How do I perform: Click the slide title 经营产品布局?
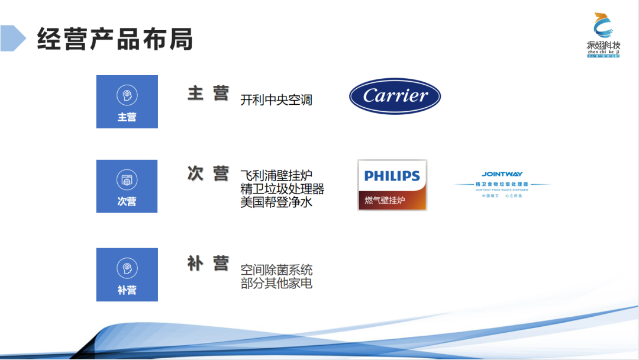[115, 39]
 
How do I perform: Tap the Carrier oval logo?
[395, 96]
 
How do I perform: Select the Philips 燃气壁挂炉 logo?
[392, 185]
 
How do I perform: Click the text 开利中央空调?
[276, 100]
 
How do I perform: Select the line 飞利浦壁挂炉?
[276, 176]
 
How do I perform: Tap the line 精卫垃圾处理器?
[282, 189]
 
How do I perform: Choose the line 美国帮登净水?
[276, 202]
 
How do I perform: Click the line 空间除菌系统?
[276, 271]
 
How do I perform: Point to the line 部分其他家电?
[276, 283]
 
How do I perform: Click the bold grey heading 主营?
[208, 94]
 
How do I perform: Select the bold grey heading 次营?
[208, 174]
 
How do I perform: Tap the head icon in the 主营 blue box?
[127, 95]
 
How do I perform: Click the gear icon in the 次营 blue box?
[127, 180]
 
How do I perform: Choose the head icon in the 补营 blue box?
[127, 268]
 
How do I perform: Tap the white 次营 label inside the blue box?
[127, 201]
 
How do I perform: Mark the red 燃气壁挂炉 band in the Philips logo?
[392, 200]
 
